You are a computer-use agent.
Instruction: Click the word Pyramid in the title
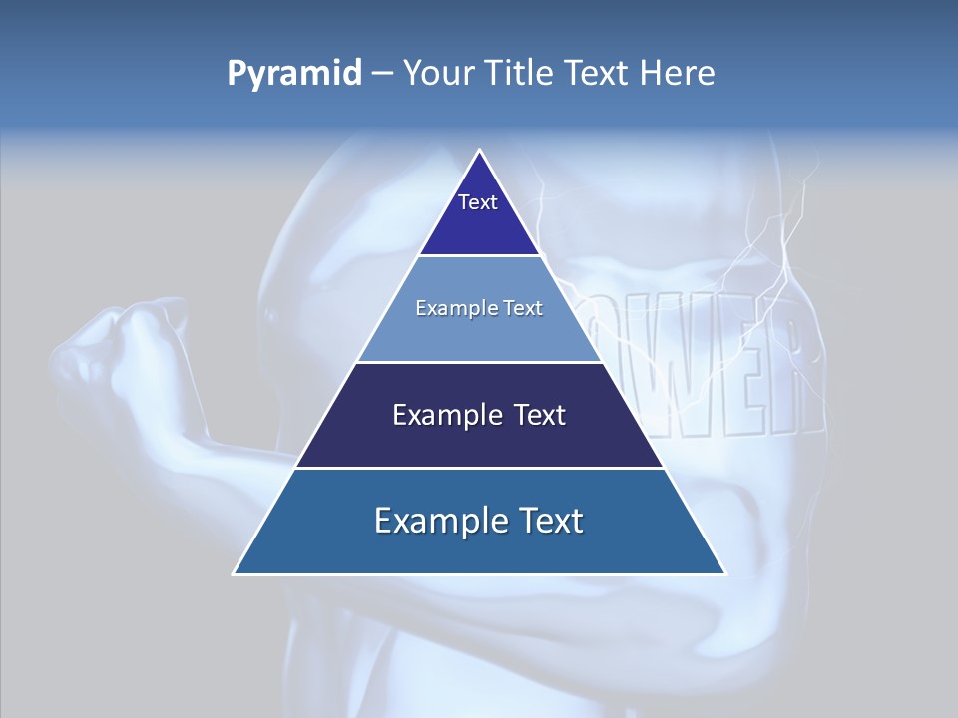(294, 74)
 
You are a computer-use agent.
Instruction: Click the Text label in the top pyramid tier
(478, 202)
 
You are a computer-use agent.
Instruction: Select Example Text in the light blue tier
(479, 308)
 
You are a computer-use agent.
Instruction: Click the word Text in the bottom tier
(545, 521)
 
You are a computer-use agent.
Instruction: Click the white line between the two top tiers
(480, 256)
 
